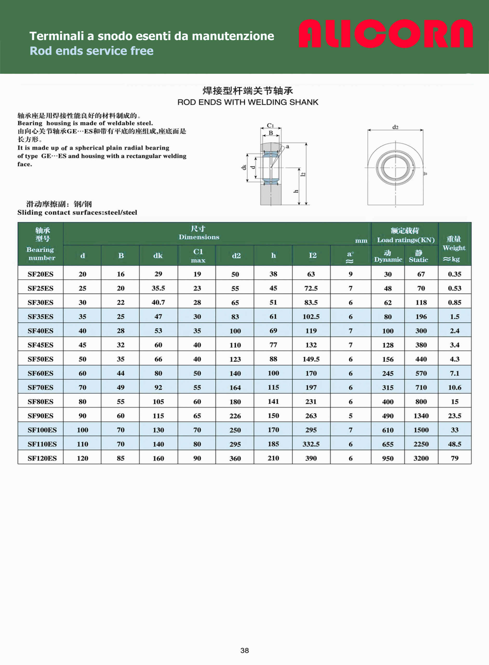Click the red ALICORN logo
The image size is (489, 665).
pos(385,34)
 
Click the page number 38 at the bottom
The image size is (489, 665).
pos(245,650)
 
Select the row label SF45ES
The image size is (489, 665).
pos(41,345)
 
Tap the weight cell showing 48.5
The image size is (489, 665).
pos(454,444)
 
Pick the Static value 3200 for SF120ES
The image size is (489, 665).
pos(421,458)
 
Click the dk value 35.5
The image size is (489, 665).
pos(158,288)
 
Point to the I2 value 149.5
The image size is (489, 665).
pos(311,359)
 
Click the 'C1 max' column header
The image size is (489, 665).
pos(198,256)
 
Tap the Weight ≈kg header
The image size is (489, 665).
pos(454,249)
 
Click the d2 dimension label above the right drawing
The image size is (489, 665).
pos(395,127)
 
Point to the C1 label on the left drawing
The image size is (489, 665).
pos(270,125)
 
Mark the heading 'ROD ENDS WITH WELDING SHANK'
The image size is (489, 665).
pos(248,102)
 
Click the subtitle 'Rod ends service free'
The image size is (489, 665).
pos(91,51)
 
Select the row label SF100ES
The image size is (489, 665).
pos(42,430)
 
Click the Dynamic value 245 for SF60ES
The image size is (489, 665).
pos(387,373)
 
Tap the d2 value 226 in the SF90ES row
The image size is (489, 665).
pos(235,416)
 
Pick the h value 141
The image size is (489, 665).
pos(273,402)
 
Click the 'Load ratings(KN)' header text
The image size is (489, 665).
pos(406,240)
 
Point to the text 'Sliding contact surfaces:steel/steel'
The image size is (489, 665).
pos(77,212)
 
